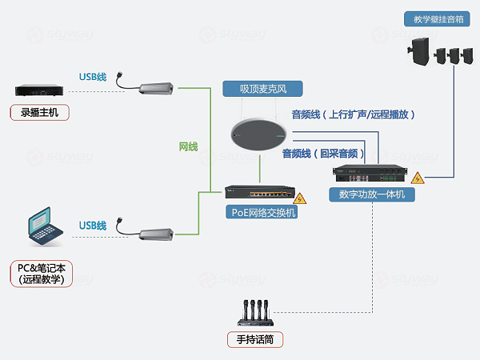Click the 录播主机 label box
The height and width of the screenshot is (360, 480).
pyautogui.click(x=40, y=112)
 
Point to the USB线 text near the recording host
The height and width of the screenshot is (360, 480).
pyautogui.click(x=92, y=77)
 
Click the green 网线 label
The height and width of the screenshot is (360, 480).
pyautogui.click(x=189, y=146)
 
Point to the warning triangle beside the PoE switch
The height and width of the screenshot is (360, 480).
pyautogui.click(x=300, y=198)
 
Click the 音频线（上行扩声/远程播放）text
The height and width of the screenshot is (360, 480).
pyautogui.click(x=352, y=114)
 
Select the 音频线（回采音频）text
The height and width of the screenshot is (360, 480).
pyautogui.click(x=323, y=153)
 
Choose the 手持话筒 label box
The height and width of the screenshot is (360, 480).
pyautogui.click(x=255, y=339)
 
